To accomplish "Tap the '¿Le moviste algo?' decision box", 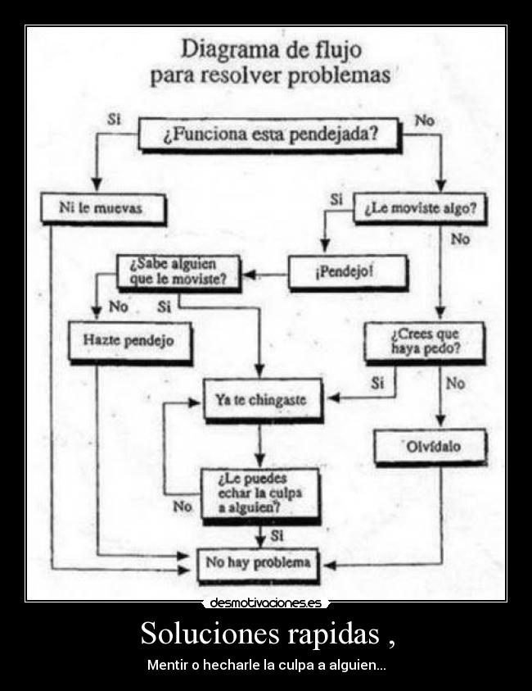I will coord(419,208).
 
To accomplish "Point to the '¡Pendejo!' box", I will coord(335,272).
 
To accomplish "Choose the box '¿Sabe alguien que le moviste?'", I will coord(178,272).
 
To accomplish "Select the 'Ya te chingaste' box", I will coord(261,401).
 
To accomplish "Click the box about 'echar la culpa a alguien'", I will coord(259,492).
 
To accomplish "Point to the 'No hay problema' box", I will coord(259,563).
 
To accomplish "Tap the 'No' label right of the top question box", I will coord(424,120).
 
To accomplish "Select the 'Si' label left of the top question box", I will coord(115,118).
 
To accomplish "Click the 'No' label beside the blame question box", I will coord(183,507).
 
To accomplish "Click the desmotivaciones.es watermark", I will coord(266,603).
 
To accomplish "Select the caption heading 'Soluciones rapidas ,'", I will coord(266,633).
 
